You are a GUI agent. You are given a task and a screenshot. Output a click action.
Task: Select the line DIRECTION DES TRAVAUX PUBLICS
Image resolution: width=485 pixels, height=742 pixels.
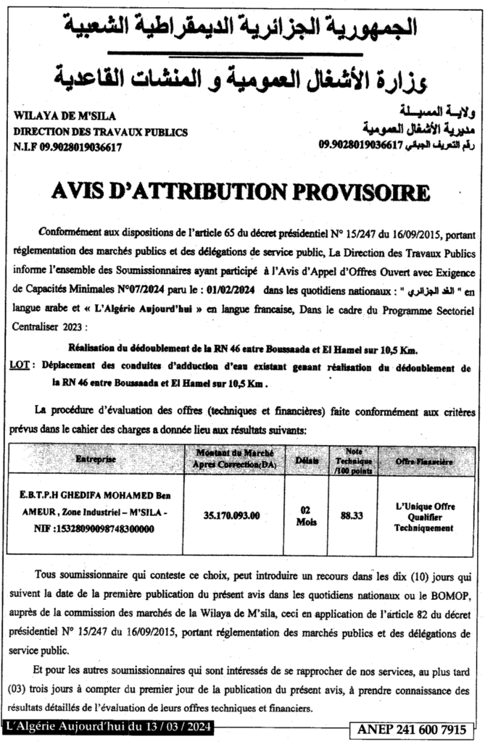click(x=101, y=132)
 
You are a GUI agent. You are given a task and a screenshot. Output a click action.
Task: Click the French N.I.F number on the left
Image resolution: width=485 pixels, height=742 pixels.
click(x=67, y=146)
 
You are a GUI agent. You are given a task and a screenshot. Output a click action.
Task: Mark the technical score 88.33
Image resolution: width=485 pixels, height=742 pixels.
click(x=351, y=515)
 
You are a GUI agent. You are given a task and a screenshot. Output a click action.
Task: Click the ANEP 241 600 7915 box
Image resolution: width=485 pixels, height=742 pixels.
click(x=416, y=728)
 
